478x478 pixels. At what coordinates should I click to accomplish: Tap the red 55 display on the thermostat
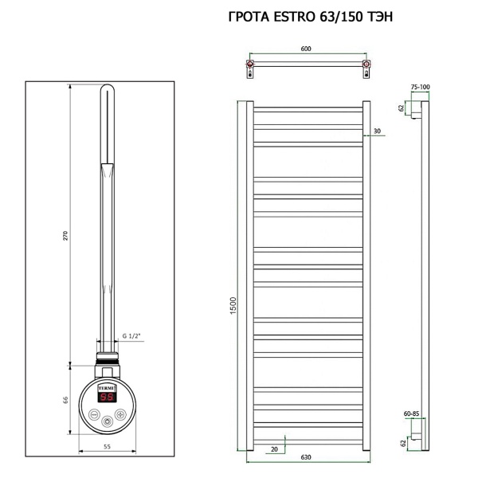click(107, 396)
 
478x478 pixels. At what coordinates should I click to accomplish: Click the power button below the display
click(96, 414)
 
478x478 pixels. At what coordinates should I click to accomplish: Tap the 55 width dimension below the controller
click(107, 448)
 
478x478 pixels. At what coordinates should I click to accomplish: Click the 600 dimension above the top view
click(306, 49)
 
